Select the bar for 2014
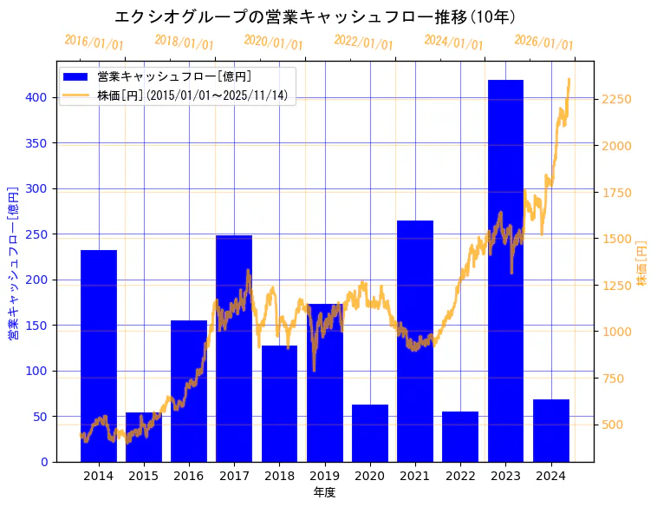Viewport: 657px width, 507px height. point(99,356)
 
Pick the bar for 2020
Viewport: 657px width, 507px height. point(370,433)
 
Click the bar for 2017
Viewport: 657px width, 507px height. point(234,348)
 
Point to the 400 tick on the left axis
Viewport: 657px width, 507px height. point(39,97)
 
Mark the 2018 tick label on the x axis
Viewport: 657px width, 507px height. point(279,476)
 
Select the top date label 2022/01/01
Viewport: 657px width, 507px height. point(363,42)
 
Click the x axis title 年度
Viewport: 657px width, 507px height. point(324,492)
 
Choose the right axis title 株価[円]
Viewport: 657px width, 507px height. point(642,263)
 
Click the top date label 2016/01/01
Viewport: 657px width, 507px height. point(94,42)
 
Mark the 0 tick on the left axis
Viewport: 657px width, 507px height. point(44,462)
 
